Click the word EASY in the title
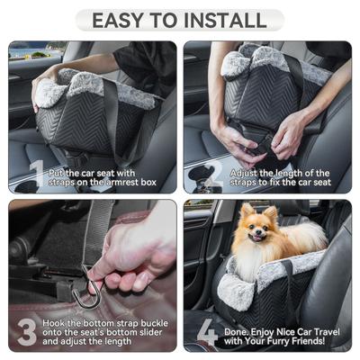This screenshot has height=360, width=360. click(x=119, y=19)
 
